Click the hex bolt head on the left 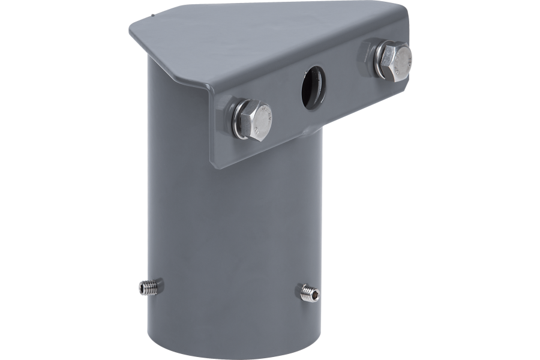click(256, 121)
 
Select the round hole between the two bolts click(314, 89)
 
